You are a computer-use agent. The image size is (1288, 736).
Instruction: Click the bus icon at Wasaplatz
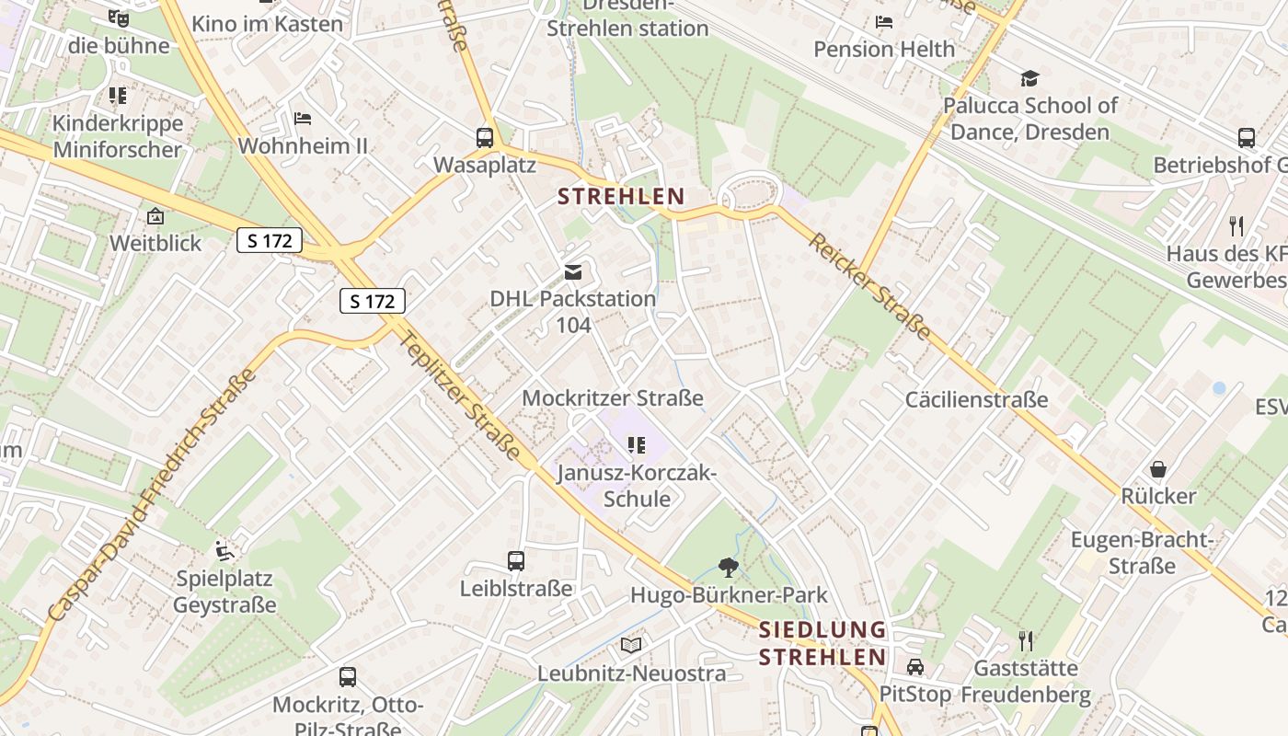click(x=485, y=138)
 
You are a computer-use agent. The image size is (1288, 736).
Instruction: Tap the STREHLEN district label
click(x=622, y=196)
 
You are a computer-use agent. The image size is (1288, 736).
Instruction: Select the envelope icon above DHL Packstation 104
click(x=573, y=271)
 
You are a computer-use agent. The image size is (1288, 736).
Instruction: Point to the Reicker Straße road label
click(x=869, y=286)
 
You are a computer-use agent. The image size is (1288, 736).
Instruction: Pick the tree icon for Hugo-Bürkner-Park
click(x=729, y=568)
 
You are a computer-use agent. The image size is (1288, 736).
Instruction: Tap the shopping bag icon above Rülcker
click(x=1158, y=469)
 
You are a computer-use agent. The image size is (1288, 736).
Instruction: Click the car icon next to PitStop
click(x=914, y=666)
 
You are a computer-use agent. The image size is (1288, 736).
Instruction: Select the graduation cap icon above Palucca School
click(x=1029, y=79)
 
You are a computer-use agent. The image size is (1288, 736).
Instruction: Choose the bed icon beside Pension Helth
click(x=884, y=22)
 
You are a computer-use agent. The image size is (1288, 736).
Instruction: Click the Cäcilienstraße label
click(x=977, y=399)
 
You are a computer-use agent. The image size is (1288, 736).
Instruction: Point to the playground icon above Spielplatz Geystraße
click(x=224, y=551)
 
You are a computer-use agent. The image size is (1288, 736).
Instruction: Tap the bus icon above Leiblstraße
click(x=516, y=560)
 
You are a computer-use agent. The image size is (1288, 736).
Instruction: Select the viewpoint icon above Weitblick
click(x=155, y=217)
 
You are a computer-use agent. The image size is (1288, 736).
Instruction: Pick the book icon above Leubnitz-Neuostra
click(x=631, y=645)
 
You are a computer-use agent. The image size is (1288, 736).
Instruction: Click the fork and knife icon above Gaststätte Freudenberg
click(x=1026, y=640)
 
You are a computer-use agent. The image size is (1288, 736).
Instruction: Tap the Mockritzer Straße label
click(x=613, y=398)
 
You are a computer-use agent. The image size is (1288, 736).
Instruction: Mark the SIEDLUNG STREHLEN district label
click(x=822, y=644)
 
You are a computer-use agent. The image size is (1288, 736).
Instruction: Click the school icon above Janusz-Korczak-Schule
click(x=637, y=445)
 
